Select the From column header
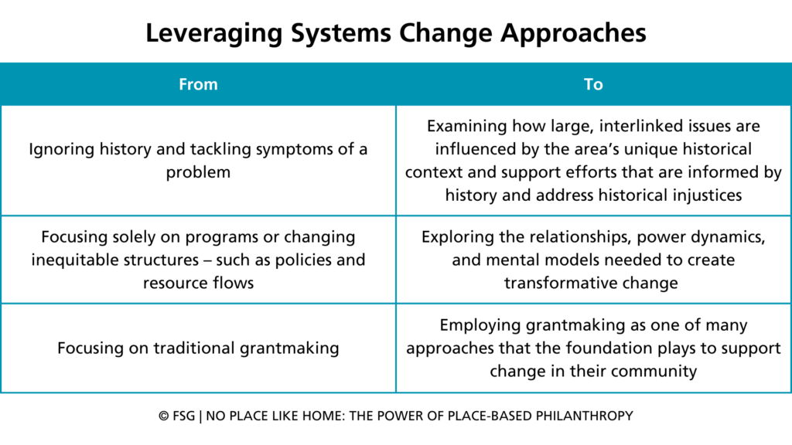click(198, 84)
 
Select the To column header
click(593, 84)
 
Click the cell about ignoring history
click(198, 160)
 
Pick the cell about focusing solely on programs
click(198, 260)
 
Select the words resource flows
click(198, 283)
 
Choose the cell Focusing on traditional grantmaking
click(198, 348)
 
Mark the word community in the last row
click(654, 371)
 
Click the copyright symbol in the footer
click(164, 416)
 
